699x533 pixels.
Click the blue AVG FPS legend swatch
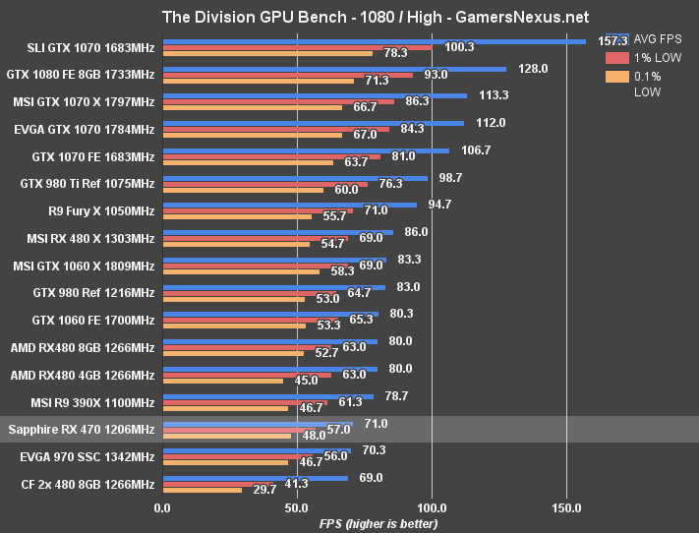click(617, 38)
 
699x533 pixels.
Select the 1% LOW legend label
click(652, 58)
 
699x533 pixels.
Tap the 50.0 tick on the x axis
click(297, 508)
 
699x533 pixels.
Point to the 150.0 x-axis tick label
click(567, 508)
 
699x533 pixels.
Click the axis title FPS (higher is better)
click(379, 523)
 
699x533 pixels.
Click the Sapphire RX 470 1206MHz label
click(82, 430)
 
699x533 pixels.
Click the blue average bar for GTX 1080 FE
click(334, 69)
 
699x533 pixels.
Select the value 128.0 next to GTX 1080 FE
click(532, 69)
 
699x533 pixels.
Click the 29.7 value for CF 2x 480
click(264, 490)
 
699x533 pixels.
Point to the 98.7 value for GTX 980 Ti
click(451, 178)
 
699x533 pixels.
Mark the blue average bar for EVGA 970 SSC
click(257, 451)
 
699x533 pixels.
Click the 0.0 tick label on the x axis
click(162, 508)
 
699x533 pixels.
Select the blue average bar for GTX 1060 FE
click(270, 315)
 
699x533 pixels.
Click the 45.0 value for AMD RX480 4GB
click(306, 381)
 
